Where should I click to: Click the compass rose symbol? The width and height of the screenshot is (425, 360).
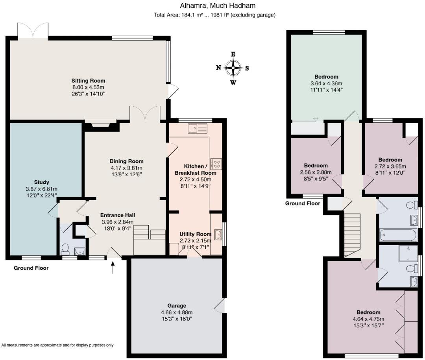(233, 68)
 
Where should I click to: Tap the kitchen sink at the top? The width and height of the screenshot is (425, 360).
(198, 129)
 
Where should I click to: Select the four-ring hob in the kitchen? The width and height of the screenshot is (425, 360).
(216, 164)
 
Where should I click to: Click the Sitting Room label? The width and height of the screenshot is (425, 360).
(88, 81)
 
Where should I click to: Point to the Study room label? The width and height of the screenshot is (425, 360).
(41, 182)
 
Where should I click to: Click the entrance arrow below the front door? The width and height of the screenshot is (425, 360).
(113, 267)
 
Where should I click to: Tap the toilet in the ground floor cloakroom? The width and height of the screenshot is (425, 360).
(65, 249)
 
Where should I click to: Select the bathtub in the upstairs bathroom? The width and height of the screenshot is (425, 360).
(398, 235)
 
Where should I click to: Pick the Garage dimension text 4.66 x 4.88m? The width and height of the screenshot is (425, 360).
(177, 312)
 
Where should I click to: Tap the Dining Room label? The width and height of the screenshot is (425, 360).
(126, 161)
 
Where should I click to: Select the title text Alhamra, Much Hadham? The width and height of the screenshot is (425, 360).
(218, 6)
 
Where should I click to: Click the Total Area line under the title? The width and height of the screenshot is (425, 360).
(215, 15)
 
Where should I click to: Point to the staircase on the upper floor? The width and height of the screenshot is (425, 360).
(352, 235)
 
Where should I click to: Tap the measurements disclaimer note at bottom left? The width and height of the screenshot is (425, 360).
(57, 345)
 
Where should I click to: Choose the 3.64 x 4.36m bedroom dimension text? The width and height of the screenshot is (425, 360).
(326, 83)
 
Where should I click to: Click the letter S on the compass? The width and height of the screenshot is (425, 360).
(247, 68)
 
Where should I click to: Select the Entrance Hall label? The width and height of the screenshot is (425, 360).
(118, 215)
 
